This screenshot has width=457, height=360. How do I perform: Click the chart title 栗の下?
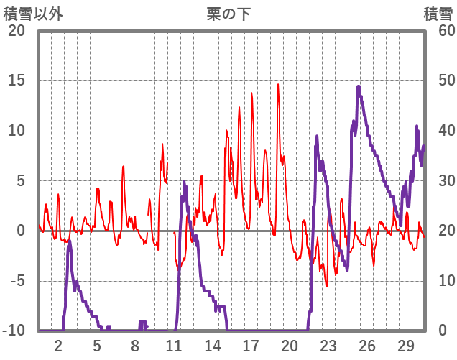[228, 14]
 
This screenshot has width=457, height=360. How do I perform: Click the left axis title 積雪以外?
[34, 14]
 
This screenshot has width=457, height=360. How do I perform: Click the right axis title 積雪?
[437, 14]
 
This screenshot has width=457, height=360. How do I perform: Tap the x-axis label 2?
[58, 345]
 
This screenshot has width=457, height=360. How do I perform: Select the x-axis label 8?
[135, 345]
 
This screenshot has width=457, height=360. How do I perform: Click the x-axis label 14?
[212, 345]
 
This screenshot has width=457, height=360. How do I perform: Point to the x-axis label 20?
[289, 345]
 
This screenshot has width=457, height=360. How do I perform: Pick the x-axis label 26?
[366, 345]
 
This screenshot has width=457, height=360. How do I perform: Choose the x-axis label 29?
[405, 345]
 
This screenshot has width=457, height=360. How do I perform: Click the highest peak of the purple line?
[359, 87]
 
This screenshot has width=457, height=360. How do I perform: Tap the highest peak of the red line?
[279, 85]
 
